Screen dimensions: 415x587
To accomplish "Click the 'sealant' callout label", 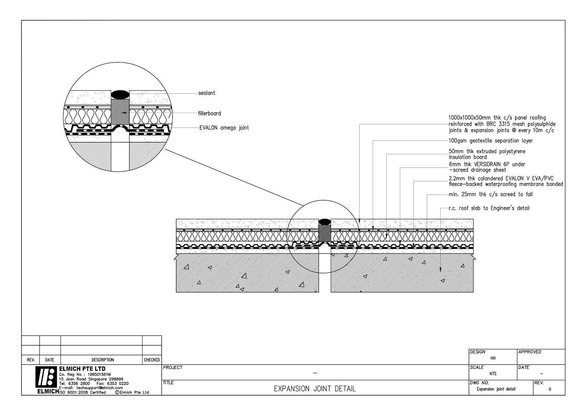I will pos(207,93).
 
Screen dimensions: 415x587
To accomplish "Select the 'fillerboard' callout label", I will pos(209,113).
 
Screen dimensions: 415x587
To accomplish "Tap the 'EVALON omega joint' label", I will pos(224,128).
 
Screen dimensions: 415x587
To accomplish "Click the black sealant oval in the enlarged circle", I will pos(120,94).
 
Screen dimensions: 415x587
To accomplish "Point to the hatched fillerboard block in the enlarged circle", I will pos(120,112).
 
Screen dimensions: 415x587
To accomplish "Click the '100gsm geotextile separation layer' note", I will pos(491,141).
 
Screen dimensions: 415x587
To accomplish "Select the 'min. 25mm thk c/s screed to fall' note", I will pos(491,194).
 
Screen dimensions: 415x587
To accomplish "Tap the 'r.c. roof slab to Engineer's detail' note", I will pos(489,208).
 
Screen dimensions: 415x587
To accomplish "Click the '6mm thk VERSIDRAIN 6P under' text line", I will pos(487,164).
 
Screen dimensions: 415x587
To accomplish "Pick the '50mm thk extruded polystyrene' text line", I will pos(487,151).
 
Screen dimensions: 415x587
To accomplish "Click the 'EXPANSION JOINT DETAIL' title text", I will pos(315,389).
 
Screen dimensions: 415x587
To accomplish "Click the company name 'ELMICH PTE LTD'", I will pos(82,369).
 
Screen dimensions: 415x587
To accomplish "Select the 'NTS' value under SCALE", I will pos(493,374).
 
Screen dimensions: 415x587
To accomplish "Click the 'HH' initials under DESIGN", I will pos(493,358).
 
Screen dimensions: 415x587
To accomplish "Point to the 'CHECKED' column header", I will pos(152,360).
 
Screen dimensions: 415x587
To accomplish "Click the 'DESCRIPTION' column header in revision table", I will pos(103,360).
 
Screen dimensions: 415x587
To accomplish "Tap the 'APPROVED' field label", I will pos(529,352).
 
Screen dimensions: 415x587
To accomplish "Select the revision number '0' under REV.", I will pos(549,389).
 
